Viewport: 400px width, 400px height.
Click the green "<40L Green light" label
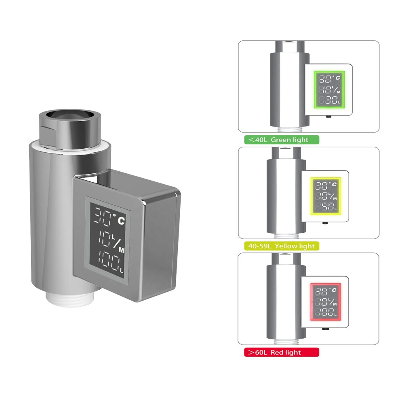(282, 140)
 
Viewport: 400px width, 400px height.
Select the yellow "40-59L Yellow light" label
(282, 246)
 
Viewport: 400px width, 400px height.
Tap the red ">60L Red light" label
(282, 352)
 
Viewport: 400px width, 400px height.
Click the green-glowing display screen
(329, 90)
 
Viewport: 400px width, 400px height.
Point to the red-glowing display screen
(326, 302)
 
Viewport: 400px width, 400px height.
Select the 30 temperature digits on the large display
(103, 216)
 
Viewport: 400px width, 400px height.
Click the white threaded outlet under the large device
(70, 299)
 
